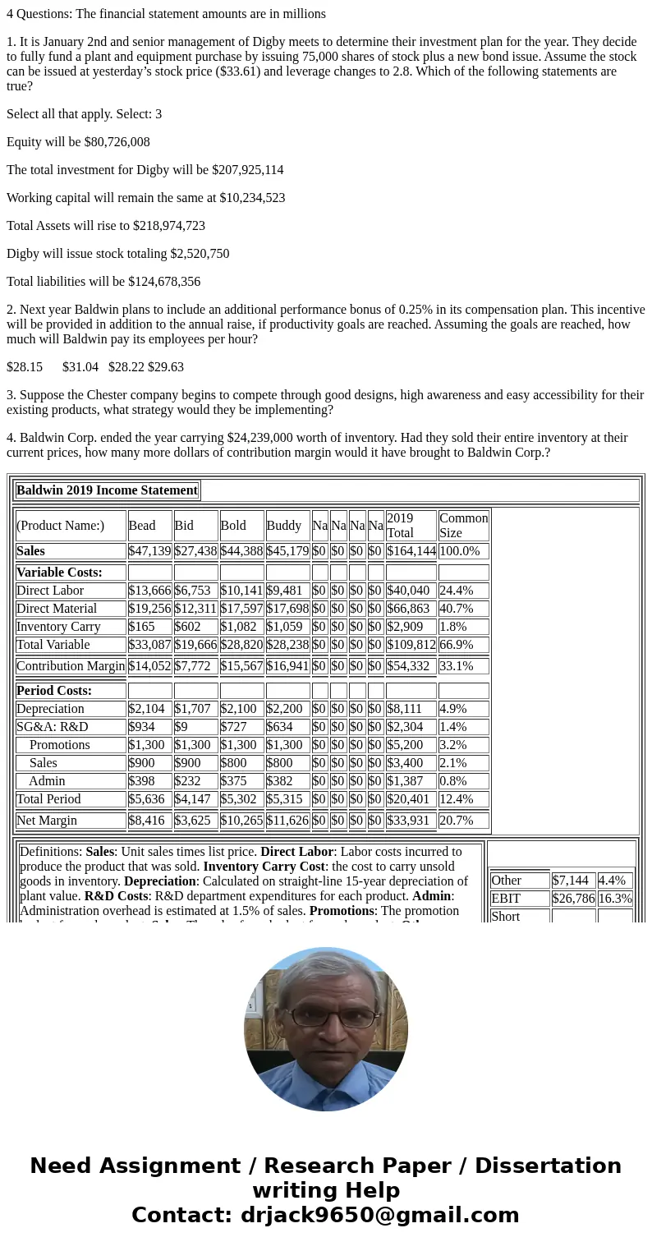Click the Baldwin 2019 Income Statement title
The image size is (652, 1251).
pos(107,490)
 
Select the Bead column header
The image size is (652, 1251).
pos(142,526)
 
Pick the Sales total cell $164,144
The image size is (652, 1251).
pos(411,551)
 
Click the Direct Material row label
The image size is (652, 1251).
pos(57,609)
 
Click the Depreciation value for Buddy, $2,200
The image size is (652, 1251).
pos(283,709)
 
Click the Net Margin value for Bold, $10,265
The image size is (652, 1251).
pos(241,821)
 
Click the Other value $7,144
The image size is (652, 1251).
pos(570,881)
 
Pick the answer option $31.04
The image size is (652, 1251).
pos(80,367)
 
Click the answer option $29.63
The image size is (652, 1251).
pos(166,367)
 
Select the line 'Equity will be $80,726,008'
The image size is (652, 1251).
pos(78,142)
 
